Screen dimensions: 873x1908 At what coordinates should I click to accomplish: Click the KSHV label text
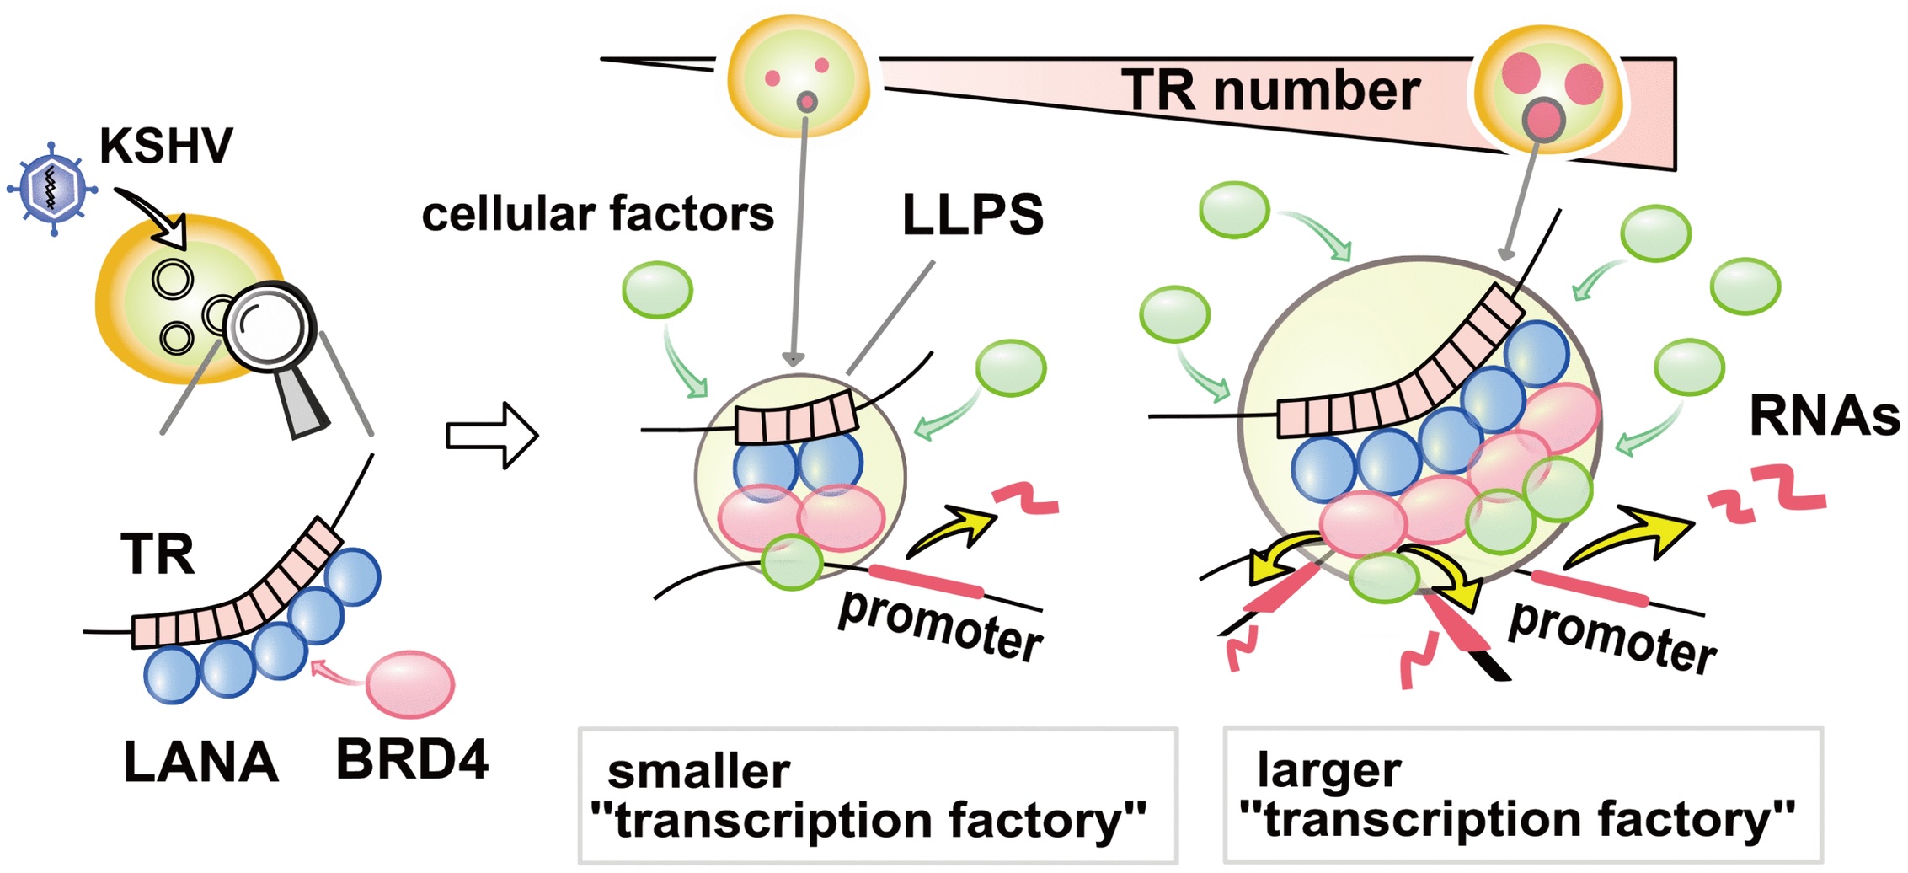coord(165,147)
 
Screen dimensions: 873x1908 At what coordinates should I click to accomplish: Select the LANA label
coord(200,763)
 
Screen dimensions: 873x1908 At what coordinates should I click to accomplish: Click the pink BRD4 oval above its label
coord(410,683)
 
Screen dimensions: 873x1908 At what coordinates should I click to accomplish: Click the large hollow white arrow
coord(491,436)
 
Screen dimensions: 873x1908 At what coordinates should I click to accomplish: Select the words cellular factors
coord(597,214)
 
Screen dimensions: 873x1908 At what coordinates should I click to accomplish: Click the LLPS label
coord(972,214)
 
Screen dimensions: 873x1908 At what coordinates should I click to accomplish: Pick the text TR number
coord(1270,90)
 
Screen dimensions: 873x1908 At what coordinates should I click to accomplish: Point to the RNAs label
coord(1824,416)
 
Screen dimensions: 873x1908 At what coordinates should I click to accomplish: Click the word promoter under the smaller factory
coord(940,628)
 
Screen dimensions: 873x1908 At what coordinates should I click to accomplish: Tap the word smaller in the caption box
coord(698,771)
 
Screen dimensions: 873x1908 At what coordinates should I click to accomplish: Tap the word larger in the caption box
coord(1328,770)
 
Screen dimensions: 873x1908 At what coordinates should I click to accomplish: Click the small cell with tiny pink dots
coord(797,77)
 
